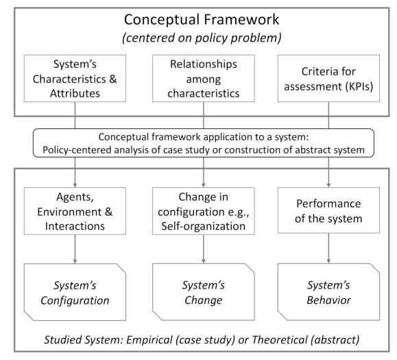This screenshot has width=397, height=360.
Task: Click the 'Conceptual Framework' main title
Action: (202, 20)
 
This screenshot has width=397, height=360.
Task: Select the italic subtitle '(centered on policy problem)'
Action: (202, 38)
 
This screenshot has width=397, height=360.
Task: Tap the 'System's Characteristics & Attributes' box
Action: (75, 78)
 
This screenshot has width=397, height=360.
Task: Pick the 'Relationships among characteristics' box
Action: (204, 78)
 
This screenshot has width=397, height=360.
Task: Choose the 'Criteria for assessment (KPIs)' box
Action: (328, 78)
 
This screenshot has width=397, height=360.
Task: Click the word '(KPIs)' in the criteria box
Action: (359, 86)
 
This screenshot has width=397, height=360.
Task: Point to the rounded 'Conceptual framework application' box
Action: (204, 143)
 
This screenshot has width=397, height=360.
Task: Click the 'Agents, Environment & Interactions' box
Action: (75, 211)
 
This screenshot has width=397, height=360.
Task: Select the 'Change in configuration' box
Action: (204, 211)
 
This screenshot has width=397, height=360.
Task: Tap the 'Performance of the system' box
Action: (328, 211)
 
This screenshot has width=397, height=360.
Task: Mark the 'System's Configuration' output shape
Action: (75, 292)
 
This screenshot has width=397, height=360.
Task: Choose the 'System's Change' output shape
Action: (204, 292)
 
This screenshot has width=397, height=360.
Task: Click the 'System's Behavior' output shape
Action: (328, 292)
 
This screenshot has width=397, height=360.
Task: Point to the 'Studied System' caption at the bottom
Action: (202, 339)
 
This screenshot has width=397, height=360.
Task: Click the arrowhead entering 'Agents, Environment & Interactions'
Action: (75, 185)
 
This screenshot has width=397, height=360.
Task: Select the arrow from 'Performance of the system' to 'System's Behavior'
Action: (328, 248)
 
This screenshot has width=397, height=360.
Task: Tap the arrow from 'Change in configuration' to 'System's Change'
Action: (204, 249)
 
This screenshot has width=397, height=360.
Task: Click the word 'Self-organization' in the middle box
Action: (204, 226)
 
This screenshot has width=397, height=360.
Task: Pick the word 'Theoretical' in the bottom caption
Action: (280, 339)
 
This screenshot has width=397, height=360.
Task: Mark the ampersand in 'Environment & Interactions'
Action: (108, 212)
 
